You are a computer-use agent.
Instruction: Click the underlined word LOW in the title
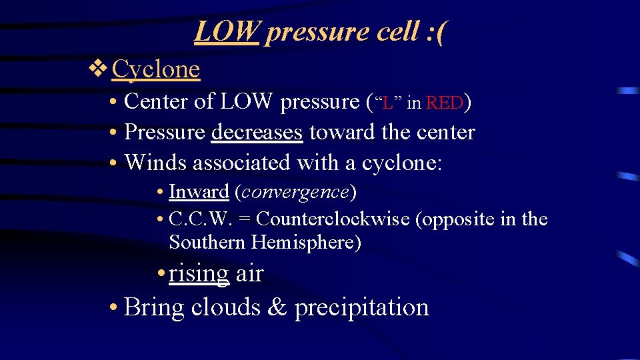[226, 31]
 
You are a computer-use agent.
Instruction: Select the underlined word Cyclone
[156, 69]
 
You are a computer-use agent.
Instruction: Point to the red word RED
[445, 103]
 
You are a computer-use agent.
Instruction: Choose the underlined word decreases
[257, 132]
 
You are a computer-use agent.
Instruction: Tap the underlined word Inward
[199, 192]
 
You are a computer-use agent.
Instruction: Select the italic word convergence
[295, 192]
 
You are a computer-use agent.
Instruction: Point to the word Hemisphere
[306, 243]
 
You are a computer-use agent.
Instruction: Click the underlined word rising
[199, 273]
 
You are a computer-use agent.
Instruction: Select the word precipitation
[361, 307]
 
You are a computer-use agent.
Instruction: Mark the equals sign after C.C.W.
[246, 219]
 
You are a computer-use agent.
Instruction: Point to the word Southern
[207, 243]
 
